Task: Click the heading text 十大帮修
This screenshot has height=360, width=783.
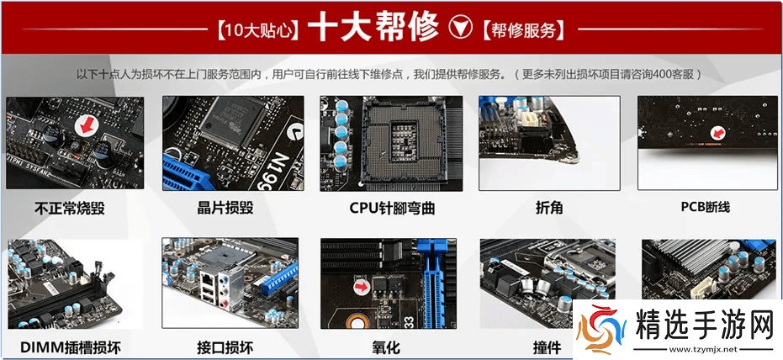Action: [x=373, y=28]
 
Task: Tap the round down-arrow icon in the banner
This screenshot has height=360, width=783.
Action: [x=461, y=28]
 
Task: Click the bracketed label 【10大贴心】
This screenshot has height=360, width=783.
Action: [x=256, y=30]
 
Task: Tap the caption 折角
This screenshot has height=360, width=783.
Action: [x=548, y=206]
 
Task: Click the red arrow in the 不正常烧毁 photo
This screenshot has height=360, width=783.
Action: [x=85, y=126]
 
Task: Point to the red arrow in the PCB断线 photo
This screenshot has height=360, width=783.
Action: [x=717, y=132]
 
